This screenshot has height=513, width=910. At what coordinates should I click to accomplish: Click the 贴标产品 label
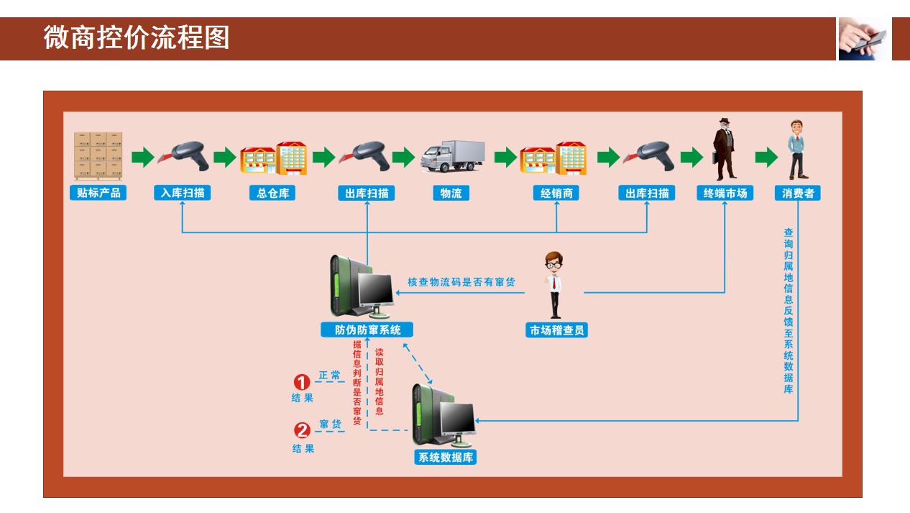(98, 193)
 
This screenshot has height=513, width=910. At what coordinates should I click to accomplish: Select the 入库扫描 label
(183, 193)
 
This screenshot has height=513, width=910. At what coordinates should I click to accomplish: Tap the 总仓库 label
(272, 193)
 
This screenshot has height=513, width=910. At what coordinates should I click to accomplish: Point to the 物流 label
(451, 193)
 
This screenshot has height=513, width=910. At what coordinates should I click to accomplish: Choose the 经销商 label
(556, 193)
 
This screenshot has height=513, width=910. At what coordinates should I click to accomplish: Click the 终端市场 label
(725, 193)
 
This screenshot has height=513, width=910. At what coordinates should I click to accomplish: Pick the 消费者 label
(798, 193)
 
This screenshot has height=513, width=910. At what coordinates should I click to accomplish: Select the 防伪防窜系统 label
(368, 330)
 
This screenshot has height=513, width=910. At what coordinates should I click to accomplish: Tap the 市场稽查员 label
(557, 330)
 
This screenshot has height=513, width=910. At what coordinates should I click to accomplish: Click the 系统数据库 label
(446, 457)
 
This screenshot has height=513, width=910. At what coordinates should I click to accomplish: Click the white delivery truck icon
(453, 155)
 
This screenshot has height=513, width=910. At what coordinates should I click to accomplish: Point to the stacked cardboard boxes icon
(98, 155)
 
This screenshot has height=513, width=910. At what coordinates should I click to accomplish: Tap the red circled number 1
(303, 381)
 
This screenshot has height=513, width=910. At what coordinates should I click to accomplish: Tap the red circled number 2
(303, 430)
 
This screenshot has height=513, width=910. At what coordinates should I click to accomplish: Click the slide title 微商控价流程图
(137, 37)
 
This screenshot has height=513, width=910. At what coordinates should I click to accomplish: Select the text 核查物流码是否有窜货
(461, 282)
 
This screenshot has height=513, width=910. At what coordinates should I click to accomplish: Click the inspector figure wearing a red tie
(554, 285)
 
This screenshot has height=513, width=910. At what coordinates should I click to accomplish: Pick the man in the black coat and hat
(723, 149)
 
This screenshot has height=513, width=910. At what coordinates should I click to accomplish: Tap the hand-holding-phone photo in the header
(863, 38)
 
